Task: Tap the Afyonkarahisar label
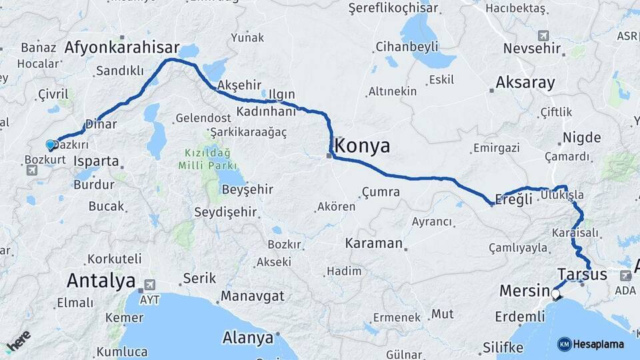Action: click(x=122, y=47)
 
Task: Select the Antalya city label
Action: click(x=101, y=281)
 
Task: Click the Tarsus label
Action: click(x=582, y=274)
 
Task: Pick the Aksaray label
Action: click(x=525, y=83)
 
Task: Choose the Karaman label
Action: click(x=374, y=243)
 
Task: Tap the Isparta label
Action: click(x=97, y=161)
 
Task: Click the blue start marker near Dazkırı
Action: click(x=51, y=145)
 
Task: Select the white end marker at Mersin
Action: click(x=555, y=292)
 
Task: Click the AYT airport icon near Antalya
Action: click(x=141, y=289)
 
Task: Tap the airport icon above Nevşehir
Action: click(x=543, y=35)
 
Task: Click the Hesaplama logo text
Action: click(x=598, y=344)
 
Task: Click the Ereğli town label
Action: click(x=515, y=199)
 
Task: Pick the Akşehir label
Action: click(x=239, y=85)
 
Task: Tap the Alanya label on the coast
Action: click(x=248, y=337)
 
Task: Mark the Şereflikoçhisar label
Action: click(x=393, y=8)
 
